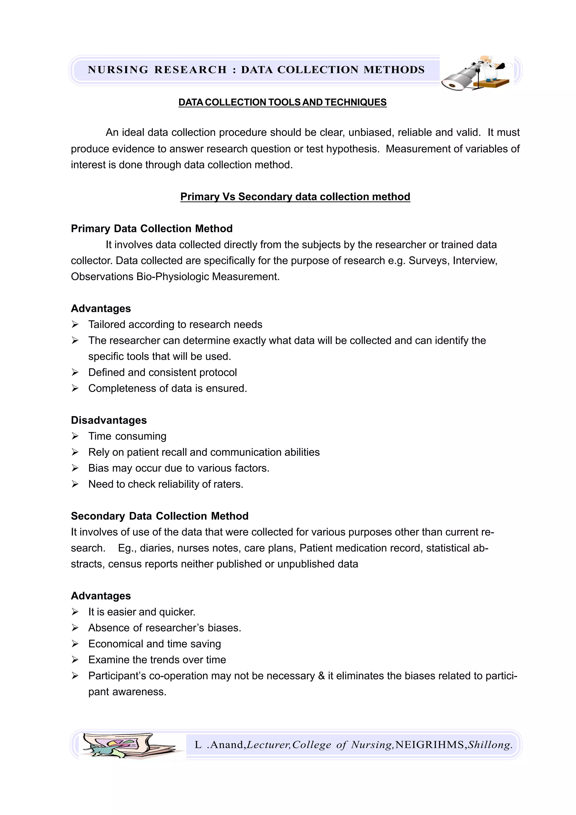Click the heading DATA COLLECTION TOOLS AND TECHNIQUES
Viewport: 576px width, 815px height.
click(282, 102)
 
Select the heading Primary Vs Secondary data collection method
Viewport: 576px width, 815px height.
click(295, 197)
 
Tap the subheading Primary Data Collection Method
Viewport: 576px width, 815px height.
click(152, 229)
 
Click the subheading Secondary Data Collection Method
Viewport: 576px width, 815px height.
click(159, 516)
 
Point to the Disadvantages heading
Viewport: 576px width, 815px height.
click(109, 420)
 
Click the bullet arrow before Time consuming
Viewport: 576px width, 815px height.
click(75, 436)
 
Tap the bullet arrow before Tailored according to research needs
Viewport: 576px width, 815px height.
click(75, 325)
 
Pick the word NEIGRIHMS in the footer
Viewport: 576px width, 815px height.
click(430, 744)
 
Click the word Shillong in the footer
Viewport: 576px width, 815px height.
click(489, 744)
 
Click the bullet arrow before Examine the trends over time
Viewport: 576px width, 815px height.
click(75, 660)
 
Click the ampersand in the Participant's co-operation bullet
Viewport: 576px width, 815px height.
click(321, 676)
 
